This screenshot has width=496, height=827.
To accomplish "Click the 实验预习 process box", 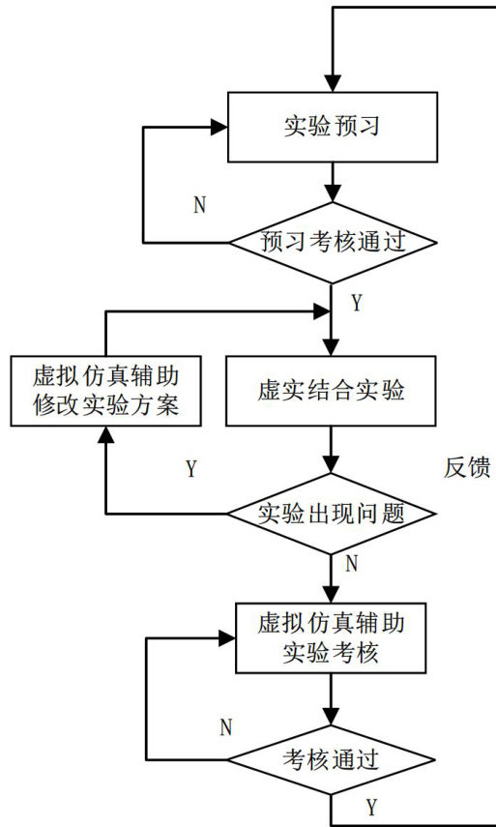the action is [x=333, y=127].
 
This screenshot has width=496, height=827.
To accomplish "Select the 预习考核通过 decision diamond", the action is [x=333, y=243].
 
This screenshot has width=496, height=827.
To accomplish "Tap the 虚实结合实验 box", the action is [x=331, y=391].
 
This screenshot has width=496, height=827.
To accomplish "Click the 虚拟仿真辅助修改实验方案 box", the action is [x=106, y=391].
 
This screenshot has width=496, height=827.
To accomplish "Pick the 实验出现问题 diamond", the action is [x=332, y=514].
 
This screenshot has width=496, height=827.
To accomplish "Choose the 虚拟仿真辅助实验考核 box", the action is [x=331, y=637].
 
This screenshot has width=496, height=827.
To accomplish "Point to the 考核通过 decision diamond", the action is [x=332, y=760].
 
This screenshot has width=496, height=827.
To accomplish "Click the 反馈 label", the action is [x=467, y=468].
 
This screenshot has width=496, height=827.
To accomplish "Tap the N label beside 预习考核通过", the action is [x=200, y=206].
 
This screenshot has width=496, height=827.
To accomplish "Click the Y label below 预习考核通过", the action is [x=358, y=304].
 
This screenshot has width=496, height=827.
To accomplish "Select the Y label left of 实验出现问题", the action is [x=191, y=469].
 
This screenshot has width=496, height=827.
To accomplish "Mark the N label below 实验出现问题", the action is [x=352, y=564].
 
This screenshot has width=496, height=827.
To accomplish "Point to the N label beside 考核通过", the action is [x=226, y=727].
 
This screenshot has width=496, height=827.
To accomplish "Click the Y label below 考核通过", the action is [x=372, y=807].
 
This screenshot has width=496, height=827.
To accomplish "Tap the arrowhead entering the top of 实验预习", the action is [x=333, y=83].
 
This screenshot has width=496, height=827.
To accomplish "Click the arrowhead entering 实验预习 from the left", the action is [x=219, y=127].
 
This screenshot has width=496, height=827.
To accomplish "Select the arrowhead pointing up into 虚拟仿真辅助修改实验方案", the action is [x=106, y=434].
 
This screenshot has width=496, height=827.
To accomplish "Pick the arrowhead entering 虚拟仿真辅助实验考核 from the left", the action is [x=227, y=638].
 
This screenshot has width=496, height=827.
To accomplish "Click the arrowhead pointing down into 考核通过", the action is [x=332, y=717].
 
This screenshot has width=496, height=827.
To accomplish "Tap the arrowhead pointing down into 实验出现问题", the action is [x=332, y=464].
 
